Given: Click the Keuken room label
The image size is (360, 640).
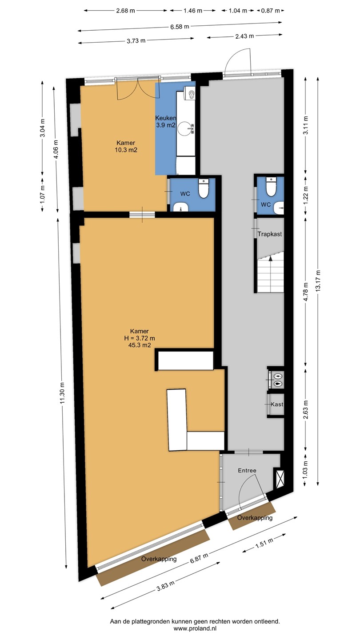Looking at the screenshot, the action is click(165, 118).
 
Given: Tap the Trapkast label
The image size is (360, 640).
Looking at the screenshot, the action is click(269, 234).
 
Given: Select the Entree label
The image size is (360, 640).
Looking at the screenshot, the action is click(247, 470).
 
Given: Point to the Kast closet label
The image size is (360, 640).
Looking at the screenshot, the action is click(277, 404).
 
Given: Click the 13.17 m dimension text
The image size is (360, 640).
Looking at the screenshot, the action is click(318, 280).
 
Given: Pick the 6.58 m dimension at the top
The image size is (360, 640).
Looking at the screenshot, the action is click(180, 27).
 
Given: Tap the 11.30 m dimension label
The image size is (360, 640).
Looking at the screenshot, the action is click(63, 393).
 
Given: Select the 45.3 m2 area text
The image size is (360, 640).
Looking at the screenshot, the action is click(140, 345).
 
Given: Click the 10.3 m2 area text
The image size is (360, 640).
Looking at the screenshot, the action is click(126, 150).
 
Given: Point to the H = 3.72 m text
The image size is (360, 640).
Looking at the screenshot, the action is click(140, 338).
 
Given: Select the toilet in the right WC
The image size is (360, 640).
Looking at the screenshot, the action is click(271, 187).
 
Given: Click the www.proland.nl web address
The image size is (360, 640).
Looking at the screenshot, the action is click(195, 628).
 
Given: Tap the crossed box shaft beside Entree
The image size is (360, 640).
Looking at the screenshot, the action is click(279, 477).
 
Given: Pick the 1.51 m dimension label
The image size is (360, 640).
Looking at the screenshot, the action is click(264, 541).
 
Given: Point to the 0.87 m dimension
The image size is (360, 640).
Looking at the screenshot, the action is click(271, 11).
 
